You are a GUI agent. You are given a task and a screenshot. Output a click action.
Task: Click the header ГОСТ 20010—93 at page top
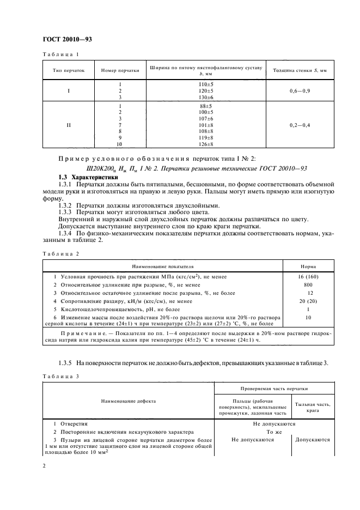(x=66, y=39)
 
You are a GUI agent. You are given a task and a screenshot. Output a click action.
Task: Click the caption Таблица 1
(x=60, y=54)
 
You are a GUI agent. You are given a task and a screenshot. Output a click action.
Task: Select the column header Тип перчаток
(x=69, y=71)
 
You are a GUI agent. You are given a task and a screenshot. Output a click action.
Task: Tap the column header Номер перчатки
(x=118, y=71)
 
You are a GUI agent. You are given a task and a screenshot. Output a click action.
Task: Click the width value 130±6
(x=206, y=97)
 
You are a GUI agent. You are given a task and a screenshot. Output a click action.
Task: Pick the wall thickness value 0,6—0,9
(x=300, y=90)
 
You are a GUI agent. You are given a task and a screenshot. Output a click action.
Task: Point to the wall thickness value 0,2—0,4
(x=300, y=125)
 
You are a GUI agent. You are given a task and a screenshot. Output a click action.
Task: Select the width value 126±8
(x=206, y=144)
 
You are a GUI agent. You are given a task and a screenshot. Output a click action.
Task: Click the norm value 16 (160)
(x=309, y=277)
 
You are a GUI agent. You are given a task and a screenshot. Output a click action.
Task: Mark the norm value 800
(x=309, y=285)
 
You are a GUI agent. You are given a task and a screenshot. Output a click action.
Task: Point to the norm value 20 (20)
(x=309, y=301)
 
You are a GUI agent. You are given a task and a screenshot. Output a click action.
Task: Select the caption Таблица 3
(x=60, y=377)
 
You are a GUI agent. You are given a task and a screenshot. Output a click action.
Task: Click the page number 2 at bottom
(x=44, y=466)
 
